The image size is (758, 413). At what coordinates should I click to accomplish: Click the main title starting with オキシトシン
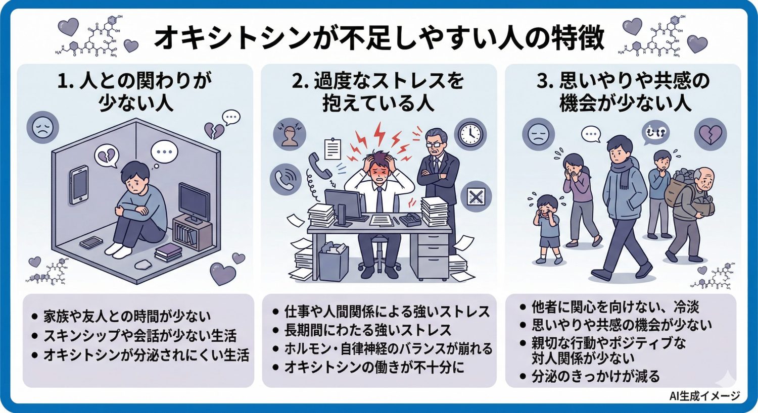379,38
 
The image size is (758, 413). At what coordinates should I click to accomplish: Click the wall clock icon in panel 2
470,134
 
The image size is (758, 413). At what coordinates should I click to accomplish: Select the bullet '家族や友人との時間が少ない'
126,317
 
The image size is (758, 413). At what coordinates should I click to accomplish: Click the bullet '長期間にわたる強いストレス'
367,330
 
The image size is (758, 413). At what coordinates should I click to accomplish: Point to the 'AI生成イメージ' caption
704,396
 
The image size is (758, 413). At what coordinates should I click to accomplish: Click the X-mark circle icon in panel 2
476,196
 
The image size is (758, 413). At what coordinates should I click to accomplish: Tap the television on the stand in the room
194,202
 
